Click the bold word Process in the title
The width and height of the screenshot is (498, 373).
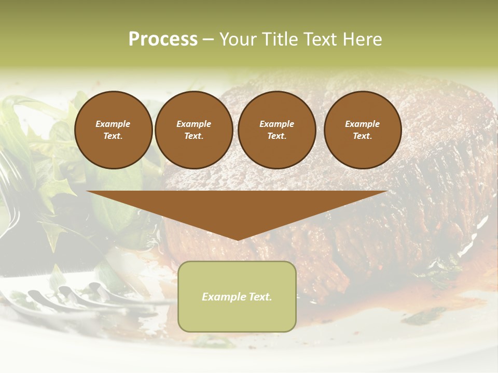click(x=163, y=39)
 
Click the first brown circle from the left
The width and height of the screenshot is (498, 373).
click(x=113, y=130)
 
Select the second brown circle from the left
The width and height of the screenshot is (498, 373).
click(x=194, y=130)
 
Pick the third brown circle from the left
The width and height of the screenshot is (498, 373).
click(x=276, y=130)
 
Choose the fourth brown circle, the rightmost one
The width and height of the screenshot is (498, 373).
click(x=363, y=130)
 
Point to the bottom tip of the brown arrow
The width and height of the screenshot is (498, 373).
click(x=237, y=240)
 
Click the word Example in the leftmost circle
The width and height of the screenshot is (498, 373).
click(x=113, y=124)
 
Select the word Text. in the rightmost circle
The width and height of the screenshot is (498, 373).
click(x=363, y=136)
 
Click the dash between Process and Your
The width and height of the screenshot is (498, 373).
click(x=209, y=39)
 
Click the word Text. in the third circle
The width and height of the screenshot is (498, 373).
click(x=276, y=136)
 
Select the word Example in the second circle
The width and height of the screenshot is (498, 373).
click(x=194, y=124)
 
